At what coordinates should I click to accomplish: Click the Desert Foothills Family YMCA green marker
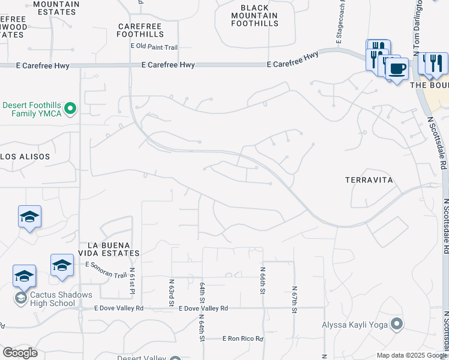click(70, 109)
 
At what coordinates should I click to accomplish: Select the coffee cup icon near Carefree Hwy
click(396, 68)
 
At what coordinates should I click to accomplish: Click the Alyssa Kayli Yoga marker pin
click(396, 325)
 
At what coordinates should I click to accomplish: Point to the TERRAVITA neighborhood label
click(369, 180)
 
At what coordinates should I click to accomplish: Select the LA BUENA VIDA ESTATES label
click(113, 249)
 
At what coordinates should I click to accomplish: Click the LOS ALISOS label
click(25, 156)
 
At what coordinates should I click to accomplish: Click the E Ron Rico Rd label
click(243, 339)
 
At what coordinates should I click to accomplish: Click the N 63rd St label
click(171, 289)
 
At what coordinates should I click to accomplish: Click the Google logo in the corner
click(20, 353)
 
